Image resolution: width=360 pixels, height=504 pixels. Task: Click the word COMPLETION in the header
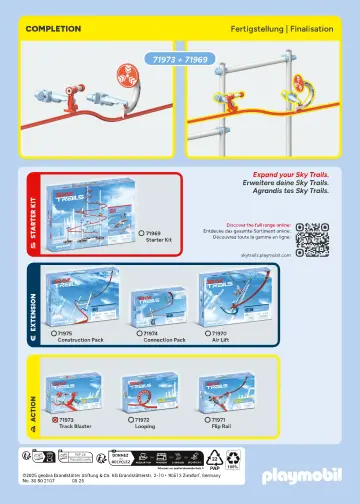[x=53, y=29]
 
